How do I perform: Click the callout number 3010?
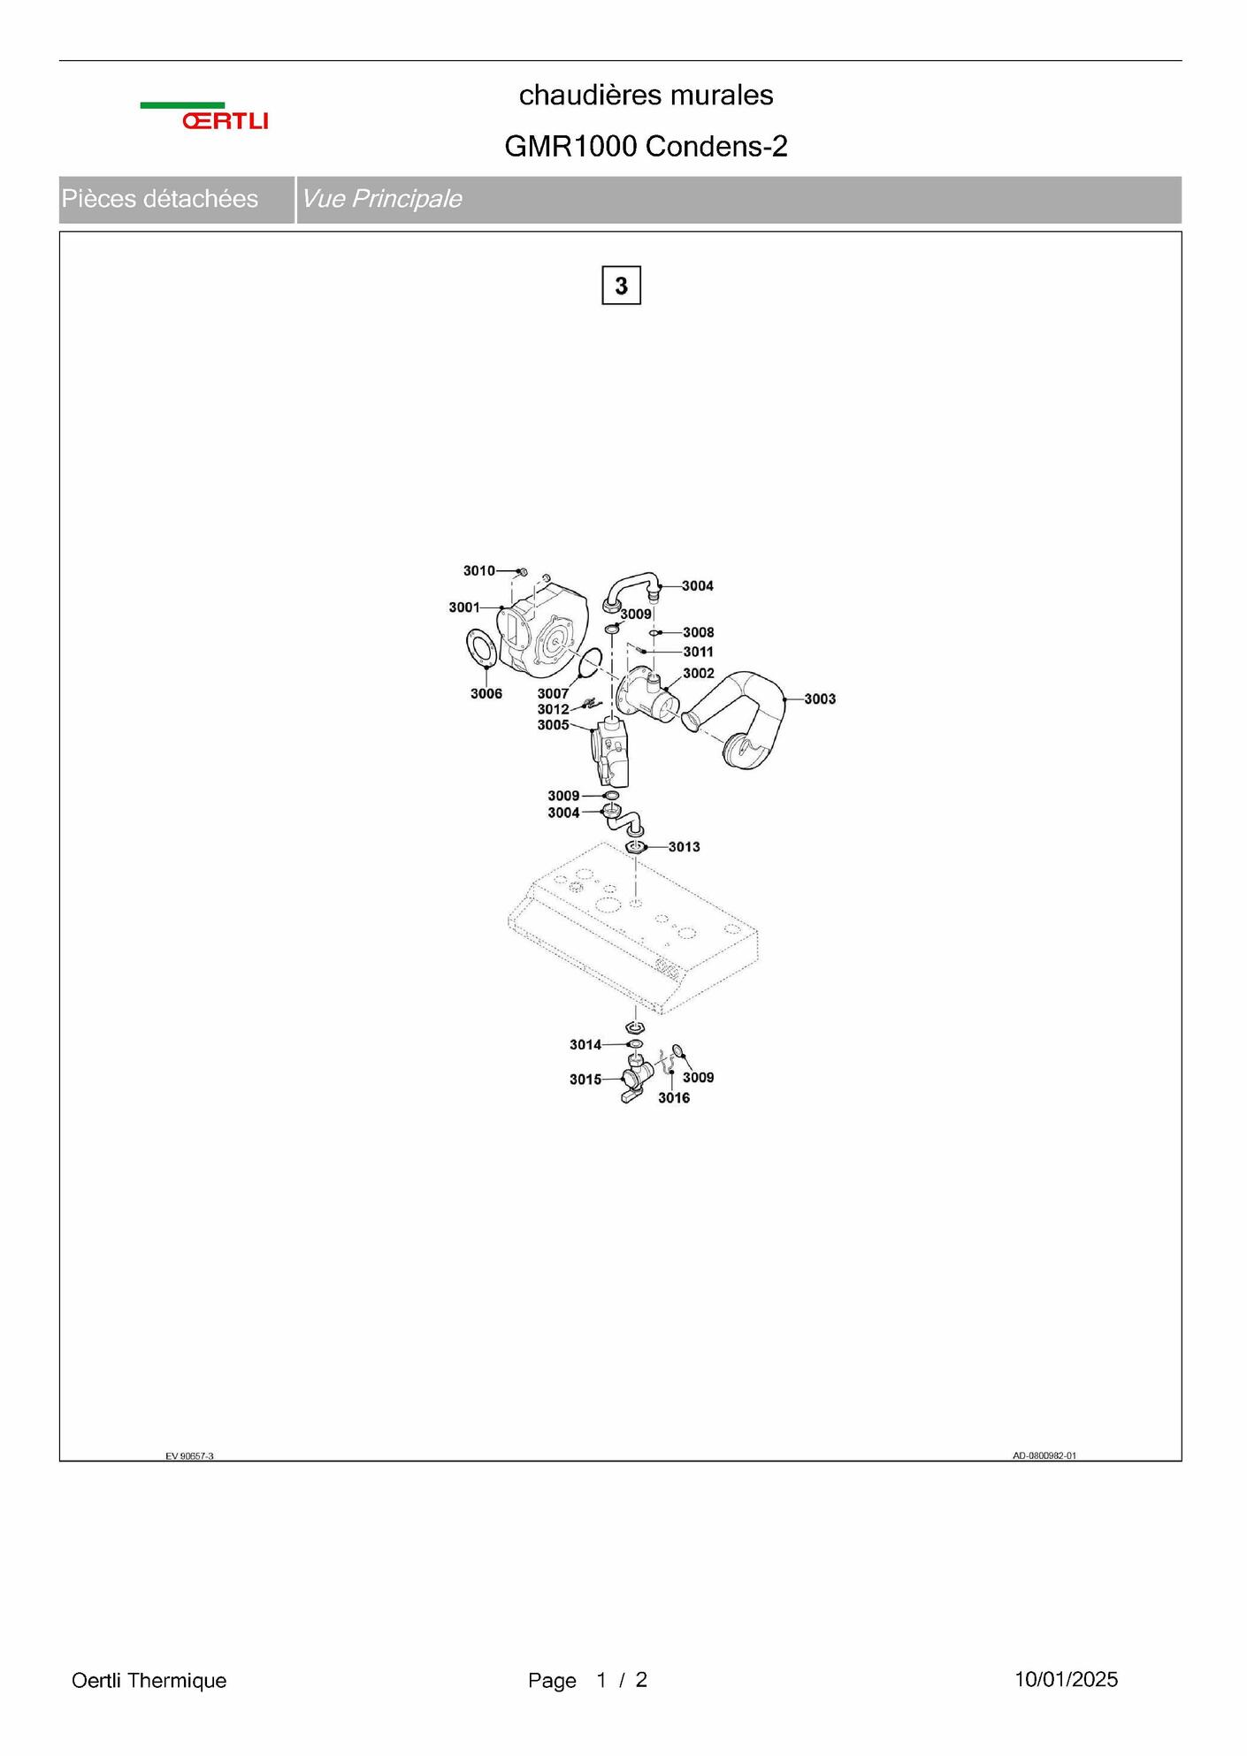pyautogui.click(x=479, y=570)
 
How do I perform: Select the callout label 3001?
pyautogui.click(x=464, y=607)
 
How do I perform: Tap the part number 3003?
pyautogui.click(x=820, y=699)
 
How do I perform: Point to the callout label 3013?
pyautogui.click(x=684, y=847)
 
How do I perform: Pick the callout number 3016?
pyautogui.click(x=674, y=1098)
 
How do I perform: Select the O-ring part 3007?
pyautogui.click(x=590, y=663)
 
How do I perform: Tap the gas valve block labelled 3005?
pyautogui.click(x=612, y=752)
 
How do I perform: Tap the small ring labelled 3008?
pyautogui.click(x=655, y=633)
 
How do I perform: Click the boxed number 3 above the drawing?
pyautogui.click(x=621, y=286)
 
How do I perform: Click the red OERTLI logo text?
pyautogui.click(x=225, y=121)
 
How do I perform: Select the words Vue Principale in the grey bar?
pyautogui.click(x=382, y=199)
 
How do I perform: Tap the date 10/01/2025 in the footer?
pyautogui.click(x=1066, y=1680)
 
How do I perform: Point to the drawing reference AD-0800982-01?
pyautogui.click(x=1044, y=1456)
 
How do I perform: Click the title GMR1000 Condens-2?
pyautogui.click(x=646, y=147)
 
